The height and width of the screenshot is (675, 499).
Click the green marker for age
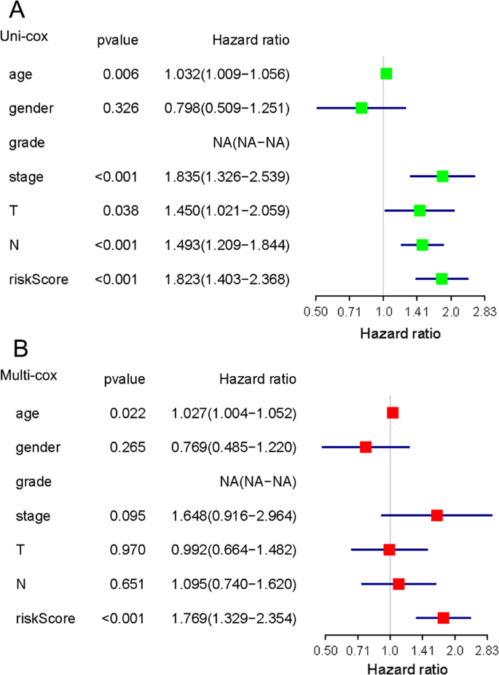click(386, 74)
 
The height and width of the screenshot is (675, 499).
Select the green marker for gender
click(361, 108)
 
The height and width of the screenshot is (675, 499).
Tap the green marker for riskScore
click(441, 278)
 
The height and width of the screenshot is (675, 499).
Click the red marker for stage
click(437, 515)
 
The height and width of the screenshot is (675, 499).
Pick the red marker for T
click(389, 550)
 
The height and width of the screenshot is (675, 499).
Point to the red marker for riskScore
click(443, 618)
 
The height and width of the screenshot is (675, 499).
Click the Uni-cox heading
click(24, 36)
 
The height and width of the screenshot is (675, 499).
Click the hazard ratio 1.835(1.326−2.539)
click(227, 176)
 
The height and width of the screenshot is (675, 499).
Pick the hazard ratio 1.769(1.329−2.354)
click(234, 619)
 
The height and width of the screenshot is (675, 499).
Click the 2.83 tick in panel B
click(486, 650)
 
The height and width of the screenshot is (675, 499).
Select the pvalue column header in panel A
click(117, 40)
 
